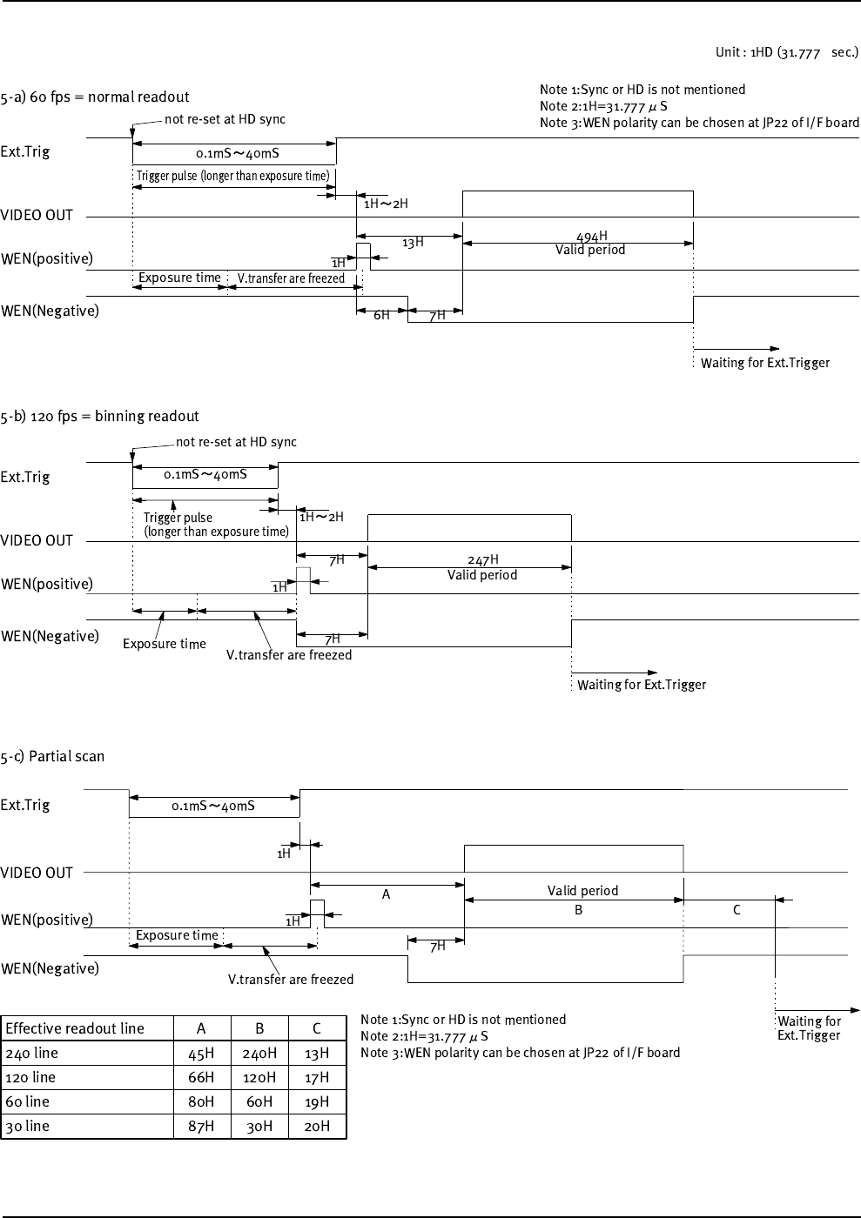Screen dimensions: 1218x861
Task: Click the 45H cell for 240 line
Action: tap(201, 1053)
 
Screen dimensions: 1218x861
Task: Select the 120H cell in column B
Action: tap(259, 1077)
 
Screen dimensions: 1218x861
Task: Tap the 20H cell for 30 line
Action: tap(317, 1126)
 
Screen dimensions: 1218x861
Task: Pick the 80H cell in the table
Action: tap(201, 1101)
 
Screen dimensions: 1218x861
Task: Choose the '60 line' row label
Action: tap(30, 1101)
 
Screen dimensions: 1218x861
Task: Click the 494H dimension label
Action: tap(591, 236)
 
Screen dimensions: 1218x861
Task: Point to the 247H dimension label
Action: tap(483, 560)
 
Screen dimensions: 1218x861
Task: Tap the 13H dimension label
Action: tap(413, 242)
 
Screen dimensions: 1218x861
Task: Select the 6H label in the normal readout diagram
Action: tap(381, 316)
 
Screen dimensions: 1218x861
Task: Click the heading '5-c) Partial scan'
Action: tap(52, 756)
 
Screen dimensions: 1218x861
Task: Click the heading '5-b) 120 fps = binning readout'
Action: tap(99, 416)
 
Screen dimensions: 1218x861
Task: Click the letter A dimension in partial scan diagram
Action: tap(386, 894)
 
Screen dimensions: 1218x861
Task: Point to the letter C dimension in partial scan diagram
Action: tap(737, 910)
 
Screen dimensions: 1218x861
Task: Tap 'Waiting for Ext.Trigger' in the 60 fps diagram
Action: tap(765, 363)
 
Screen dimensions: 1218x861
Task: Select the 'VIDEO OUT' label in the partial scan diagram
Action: tap(37, 873)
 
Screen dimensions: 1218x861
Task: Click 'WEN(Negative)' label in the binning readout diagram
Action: tap(50, 636)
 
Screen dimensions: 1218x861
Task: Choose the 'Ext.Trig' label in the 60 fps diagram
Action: tap(25, 151)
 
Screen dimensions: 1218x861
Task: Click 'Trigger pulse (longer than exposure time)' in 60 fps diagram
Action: tap(232, 176)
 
